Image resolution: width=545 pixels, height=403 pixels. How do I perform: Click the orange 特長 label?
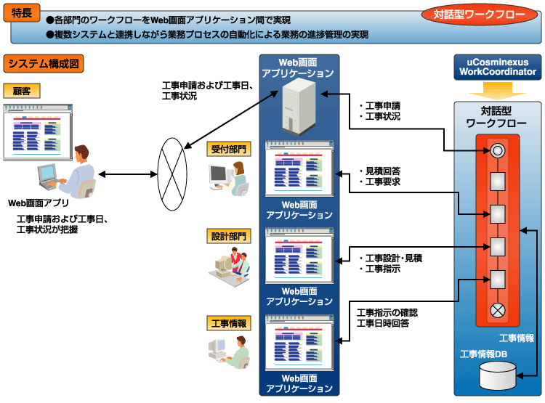coord(22,13)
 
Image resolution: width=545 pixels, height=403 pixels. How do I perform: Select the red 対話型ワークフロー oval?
coord(479,15)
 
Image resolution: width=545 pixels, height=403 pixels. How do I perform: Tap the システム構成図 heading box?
coord(44,64)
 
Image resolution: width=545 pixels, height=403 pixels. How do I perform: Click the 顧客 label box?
coord(22,91)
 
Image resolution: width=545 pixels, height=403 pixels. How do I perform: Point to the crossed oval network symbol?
coord(172,174)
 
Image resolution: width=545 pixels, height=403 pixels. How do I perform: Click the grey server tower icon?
coord(299,106)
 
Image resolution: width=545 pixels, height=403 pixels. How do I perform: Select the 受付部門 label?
coord(229,149)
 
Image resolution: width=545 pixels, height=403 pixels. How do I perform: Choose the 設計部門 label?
coord(229,236)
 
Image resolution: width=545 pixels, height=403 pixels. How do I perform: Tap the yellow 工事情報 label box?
coord(229,323)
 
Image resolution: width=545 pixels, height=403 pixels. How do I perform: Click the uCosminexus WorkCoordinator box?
coord(497,67)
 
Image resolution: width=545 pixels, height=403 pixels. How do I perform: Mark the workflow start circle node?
coord(497,151)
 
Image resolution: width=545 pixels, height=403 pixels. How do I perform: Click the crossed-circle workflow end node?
coord(497,310)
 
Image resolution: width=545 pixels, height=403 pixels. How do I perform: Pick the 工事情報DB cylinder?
coord(497,375)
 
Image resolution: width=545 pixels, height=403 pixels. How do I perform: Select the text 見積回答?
coord(383,171)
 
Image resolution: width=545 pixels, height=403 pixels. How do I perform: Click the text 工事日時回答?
coord(383,323)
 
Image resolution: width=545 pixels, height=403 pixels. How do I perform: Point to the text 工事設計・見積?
coord(393,258)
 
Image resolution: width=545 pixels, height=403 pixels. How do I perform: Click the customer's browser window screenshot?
coord(38,132)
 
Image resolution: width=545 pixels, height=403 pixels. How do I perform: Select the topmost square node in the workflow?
coord(497,182)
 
